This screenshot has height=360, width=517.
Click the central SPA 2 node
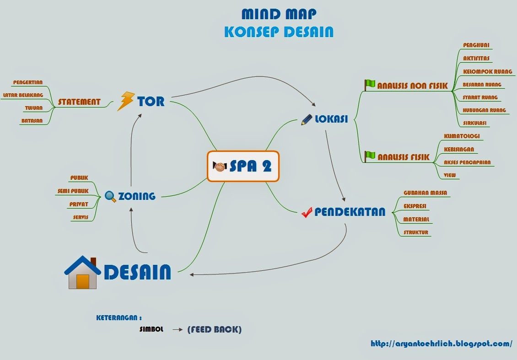pyautogui.click(x=243, y=166)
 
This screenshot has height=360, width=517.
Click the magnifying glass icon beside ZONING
pyautogui.click(x=110, y=196)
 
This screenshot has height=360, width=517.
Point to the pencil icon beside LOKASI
pyautogui.click(x=307, y=119)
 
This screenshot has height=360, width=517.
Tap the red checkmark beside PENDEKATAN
pyautogui.click(x=307, y=212)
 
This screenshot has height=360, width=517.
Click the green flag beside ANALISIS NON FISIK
pyautogui.click(x=370, y=85)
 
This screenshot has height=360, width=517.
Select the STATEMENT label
pyautogui.click(x=79, y=102)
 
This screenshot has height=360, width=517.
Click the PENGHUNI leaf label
pyautogui.click(x=477, y=45)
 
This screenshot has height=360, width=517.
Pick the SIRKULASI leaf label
pyautogui.click(x=475, y=123)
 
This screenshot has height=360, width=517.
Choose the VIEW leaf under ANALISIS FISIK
pyautogui.click(x=450, y=175)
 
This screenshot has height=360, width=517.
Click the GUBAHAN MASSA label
pyautogui.click(x=425, y=193)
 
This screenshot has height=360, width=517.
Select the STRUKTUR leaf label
pyautogui.click(x=416, y=232)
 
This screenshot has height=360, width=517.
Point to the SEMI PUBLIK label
pyautogui.click(x=73, y=191)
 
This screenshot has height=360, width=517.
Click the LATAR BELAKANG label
pyautogui.click(x=23, y=95)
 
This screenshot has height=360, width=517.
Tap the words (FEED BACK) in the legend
pyautogui.click(x=214, y=329)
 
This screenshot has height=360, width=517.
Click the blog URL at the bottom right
pyautogui.click(x=441, y=344)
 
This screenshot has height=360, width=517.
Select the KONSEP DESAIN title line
pyautogui.click(x=279, y=32)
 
